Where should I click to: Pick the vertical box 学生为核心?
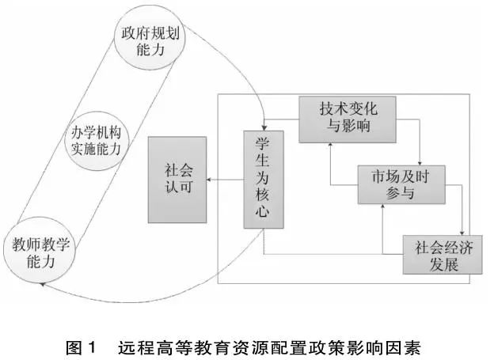click(263, 180)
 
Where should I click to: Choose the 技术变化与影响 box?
click(347, 120)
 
